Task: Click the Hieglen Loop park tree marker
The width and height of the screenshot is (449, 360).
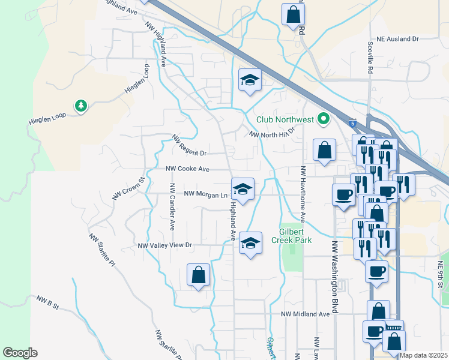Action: (80, 106)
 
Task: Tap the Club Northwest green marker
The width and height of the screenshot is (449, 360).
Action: (324, 119)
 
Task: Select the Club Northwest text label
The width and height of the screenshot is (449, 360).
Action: (285, 119)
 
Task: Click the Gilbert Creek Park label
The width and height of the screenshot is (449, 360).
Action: (295, 236)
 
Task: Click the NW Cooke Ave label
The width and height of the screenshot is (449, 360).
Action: (187, 170)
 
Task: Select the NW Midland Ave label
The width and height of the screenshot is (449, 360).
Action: (306, 314)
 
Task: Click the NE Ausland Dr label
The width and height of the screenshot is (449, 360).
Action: (394, 39)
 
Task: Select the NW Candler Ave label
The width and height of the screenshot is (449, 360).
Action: (172, 207)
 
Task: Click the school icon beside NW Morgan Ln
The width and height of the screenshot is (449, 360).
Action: (243, 188)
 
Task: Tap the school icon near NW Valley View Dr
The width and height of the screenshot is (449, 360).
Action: (251, 242)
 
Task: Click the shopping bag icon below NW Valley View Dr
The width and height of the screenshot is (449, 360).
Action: (198, 275)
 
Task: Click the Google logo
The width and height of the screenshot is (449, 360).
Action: (20, 353)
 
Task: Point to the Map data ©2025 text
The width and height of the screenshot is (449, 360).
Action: (423, 355)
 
